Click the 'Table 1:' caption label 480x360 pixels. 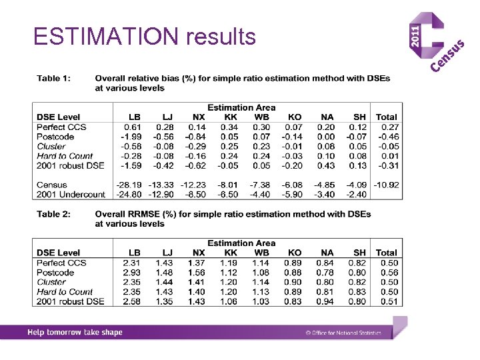53,79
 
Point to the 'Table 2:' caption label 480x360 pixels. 53,214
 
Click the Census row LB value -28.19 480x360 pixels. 129,185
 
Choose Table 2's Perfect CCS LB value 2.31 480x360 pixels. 131,263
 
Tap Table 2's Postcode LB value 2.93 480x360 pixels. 131,272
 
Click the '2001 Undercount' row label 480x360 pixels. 71,194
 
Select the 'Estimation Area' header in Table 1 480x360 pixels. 241,107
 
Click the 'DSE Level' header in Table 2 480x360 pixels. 59,253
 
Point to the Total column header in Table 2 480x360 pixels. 386,253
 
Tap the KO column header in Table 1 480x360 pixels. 294,117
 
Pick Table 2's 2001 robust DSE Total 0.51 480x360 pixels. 389,301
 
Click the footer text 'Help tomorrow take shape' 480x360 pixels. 75,332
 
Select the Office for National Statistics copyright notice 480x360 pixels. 343,332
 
